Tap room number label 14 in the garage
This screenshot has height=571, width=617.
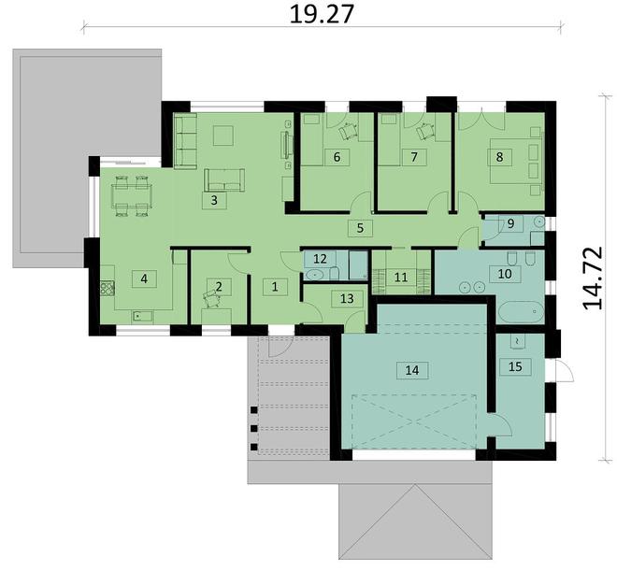[x=411, y=370]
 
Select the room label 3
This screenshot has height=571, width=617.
[x=214, y=200]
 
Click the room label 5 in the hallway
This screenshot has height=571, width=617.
[x=356, y=226]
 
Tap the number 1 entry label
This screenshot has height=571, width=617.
[x=275, y=288]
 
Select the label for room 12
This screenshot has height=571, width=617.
[x=319, y=259]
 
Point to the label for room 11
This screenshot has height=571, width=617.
[x=400, y=277]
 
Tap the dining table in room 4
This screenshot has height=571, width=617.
[x=130, y=195]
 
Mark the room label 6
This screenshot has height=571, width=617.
[x=336, y=157]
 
